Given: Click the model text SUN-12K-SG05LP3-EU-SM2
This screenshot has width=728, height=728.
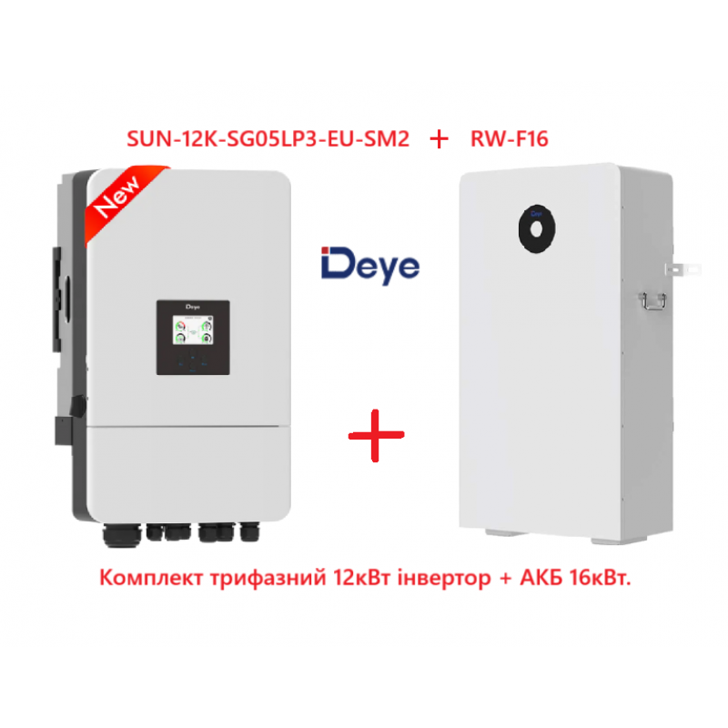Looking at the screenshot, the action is [x=268, y=139].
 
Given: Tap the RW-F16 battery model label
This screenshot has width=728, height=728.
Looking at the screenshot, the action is [x=510, y=139].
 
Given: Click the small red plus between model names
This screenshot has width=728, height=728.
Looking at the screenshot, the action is [x=440, y=139].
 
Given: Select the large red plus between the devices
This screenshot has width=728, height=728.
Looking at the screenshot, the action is [x=377, y=436].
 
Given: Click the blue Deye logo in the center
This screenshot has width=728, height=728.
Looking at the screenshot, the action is [x=370, y=265].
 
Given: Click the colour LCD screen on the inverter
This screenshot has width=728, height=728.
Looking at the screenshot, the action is [x=193, y=329].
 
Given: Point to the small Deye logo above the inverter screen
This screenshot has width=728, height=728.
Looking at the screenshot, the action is [x=193, y=307].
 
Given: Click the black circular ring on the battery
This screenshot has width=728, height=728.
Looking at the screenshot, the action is [x=537, y=229].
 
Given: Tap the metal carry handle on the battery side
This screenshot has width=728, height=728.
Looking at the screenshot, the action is [x=653, y=301].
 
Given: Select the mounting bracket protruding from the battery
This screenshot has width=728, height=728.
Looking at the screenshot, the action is [x=683, y=268].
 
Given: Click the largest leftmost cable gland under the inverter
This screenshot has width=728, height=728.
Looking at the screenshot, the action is [x=122, y=535].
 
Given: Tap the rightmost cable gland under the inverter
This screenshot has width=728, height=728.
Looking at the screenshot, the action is [x=249, y=532].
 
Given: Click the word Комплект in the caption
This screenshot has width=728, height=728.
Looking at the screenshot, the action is [x=151, y=578].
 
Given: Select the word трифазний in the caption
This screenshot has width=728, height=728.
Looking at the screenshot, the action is [x=268, y=579].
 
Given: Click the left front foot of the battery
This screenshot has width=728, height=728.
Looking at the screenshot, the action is [x=506, y=532].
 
